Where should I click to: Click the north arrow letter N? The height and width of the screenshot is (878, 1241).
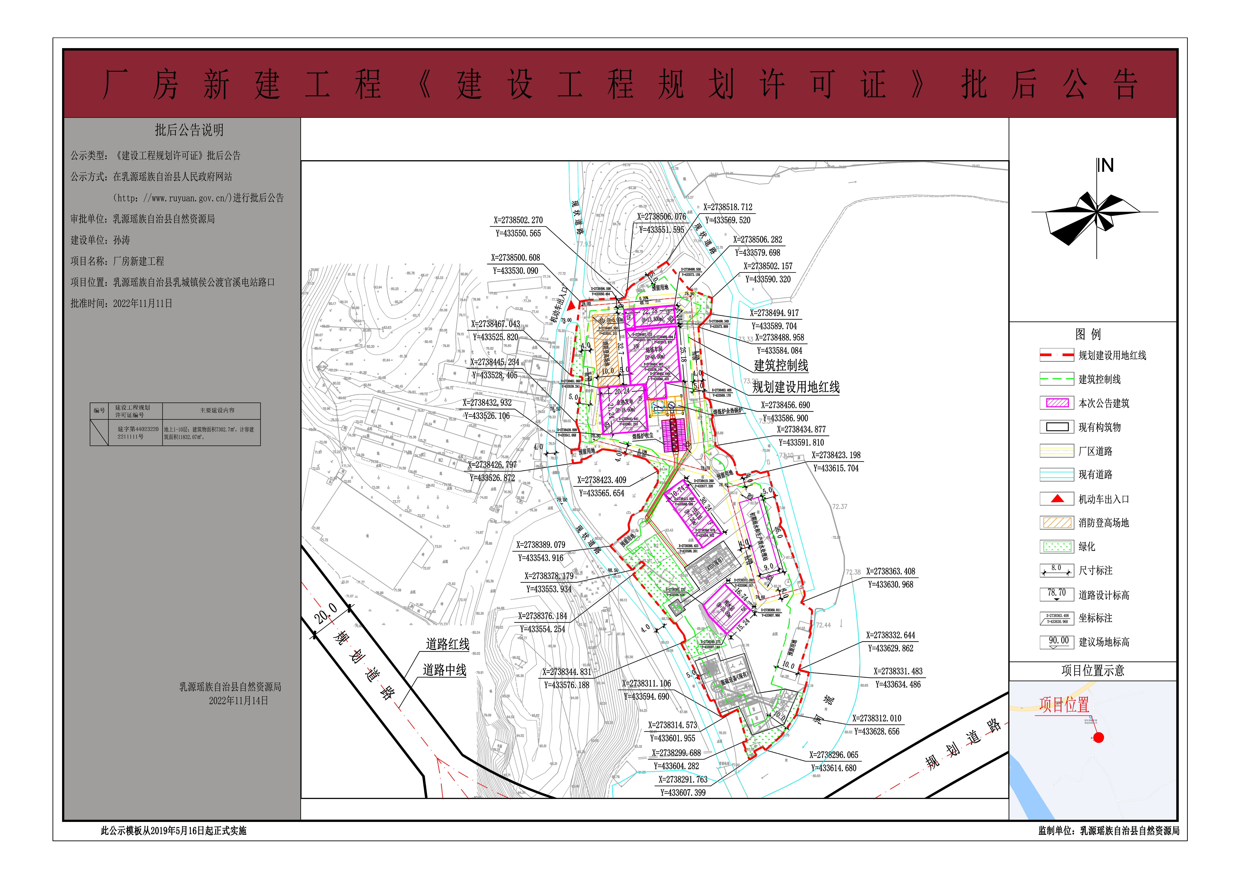click(x=1107, y=165)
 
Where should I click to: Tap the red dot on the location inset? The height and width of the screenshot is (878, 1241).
click(x=1098, y=737)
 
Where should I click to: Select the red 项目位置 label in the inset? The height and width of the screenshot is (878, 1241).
click(x=1064, y=704)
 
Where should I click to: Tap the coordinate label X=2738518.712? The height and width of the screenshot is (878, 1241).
click(x=728, y=207)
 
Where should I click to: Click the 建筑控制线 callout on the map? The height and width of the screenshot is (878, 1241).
click(x=781, y=365)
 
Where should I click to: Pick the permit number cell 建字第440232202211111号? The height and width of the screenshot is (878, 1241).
click(x=138, y=433)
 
